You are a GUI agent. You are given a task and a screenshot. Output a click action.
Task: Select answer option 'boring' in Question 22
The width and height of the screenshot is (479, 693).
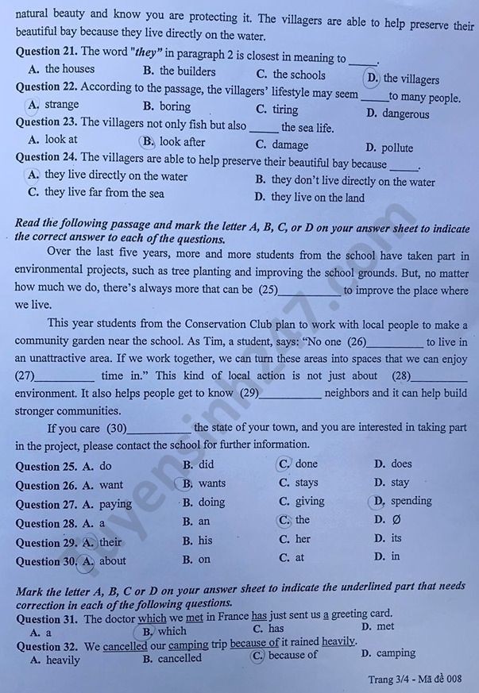175,106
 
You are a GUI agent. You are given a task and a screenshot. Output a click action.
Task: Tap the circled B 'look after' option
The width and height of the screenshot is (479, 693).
148,142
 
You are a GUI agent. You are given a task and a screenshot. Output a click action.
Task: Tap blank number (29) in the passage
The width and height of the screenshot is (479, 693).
249,393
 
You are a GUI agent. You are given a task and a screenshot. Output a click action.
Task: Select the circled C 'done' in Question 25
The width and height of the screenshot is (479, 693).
284,464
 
